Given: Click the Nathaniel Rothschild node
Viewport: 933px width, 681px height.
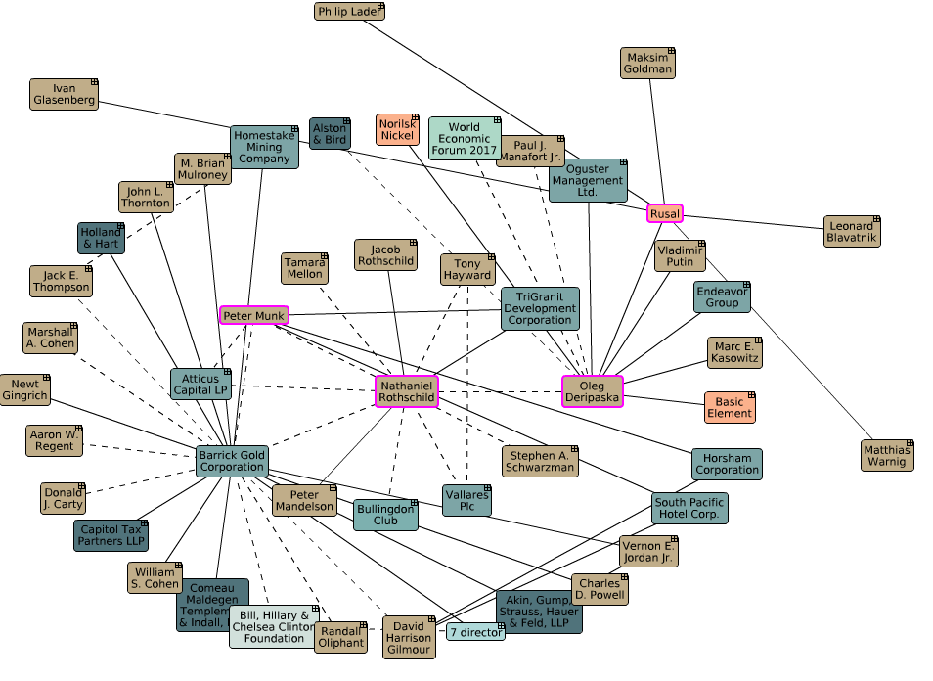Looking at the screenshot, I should coord(407,392).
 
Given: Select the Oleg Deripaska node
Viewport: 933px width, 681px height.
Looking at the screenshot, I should coord(592,391).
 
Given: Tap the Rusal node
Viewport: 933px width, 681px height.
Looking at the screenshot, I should coord(664,213).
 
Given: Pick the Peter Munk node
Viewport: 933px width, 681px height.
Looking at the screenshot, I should coord(253,315).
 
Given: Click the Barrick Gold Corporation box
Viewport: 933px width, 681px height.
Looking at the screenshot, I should coord(232,461).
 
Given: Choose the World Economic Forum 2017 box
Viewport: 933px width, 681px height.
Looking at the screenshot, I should coord(465,139).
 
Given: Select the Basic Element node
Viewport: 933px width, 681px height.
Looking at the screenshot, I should coord(730,407).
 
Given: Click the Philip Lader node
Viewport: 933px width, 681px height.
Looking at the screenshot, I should coord(349,12).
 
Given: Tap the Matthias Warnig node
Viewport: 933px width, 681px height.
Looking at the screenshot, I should coord(887,455).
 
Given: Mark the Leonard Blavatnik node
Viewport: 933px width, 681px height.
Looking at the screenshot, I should coord(852,231).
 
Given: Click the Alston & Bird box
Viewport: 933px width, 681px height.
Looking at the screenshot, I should coord(330,134).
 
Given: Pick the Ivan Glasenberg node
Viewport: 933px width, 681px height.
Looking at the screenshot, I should coord(64,94).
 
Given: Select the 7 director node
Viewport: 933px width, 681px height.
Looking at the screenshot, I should coord(476,632).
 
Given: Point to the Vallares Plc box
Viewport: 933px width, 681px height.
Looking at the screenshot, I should coord(466,500).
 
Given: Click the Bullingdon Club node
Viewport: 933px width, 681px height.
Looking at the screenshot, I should coord(385,515).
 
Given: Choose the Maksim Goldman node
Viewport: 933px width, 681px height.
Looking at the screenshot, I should coord(647,63).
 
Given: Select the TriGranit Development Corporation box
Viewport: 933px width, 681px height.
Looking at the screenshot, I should coord(540,308).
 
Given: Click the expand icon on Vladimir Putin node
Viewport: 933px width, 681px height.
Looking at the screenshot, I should coord(700,245).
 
